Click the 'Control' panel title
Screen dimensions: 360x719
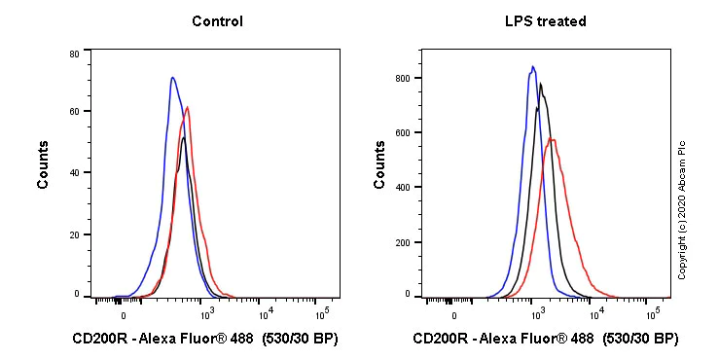coord(217,21)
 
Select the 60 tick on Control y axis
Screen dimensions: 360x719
coord(74,113)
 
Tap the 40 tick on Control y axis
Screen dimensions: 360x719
coord(74,173)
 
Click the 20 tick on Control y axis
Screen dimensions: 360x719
coord(74,234)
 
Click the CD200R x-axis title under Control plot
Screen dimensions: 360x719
coord(204,340)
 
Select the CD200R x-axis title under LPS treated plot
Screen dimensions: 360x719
coord(545,340)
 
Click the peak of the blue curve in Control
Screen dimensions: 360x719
coord(172,78)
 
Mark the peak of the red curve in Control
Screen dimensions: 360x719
coord(187,107)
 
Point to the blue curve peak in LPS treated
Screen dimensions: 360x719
coord(532,66)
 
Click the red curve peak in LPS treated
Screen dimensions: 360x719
coord(552,139)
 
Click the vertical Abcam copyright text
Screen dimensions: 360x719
coord(682,209)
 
